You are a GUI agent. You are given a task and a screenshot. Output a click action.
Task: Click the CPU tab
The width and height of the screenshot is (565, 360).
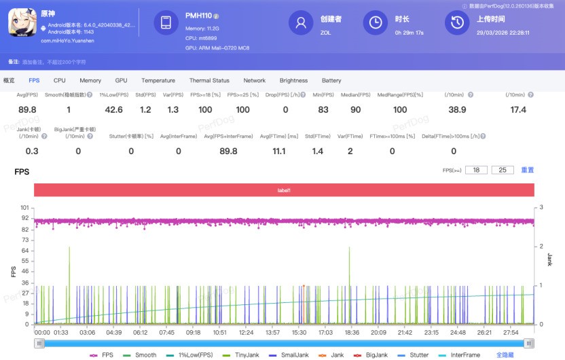[60, 80]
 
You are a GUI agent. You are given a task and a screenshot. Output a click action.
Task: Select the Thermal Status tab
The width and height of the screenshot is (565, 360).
[209, 80]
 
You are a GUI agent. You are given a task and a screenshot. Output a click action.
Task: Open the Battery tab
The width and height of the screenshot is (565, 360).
[331, 80]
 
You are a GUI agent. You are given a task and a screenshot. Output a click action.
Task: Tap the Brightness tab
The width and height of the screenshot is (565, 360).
[293, 80]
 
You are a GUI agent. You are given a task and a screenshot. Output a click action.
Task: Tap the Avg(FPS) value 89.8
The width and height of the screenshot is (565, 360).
[28, 110]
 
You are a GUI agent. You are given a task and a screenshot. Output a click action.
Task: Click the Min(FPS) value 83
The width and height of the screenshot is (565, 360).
[323, 110]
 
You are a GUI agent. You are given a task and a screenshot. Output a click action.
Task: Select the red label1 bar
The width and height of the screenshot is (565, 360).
[283, 190]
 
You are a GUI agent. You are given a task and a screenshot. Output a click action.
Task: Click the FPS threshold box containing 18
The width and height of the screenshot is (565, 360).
[476, 170]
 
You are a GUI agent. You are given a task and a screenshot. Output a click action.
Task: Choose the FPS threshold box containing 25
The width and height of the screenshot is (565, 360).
[503, 170]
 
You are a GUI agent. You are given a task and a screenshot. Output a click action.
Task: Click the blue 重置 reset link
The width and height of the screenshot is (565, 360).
[528, 170]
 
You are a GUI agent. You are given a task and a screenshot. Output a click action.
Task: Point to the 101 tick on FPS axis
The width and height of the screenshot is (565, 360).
[24, 207]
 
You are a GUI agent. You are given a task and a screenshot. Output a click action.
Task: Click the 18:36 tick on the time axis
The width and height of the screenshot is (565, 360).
[352, 333]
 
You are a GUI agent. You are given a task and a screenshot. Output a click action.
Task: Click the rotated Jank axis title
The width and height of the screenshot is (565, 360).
[549, 259]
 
